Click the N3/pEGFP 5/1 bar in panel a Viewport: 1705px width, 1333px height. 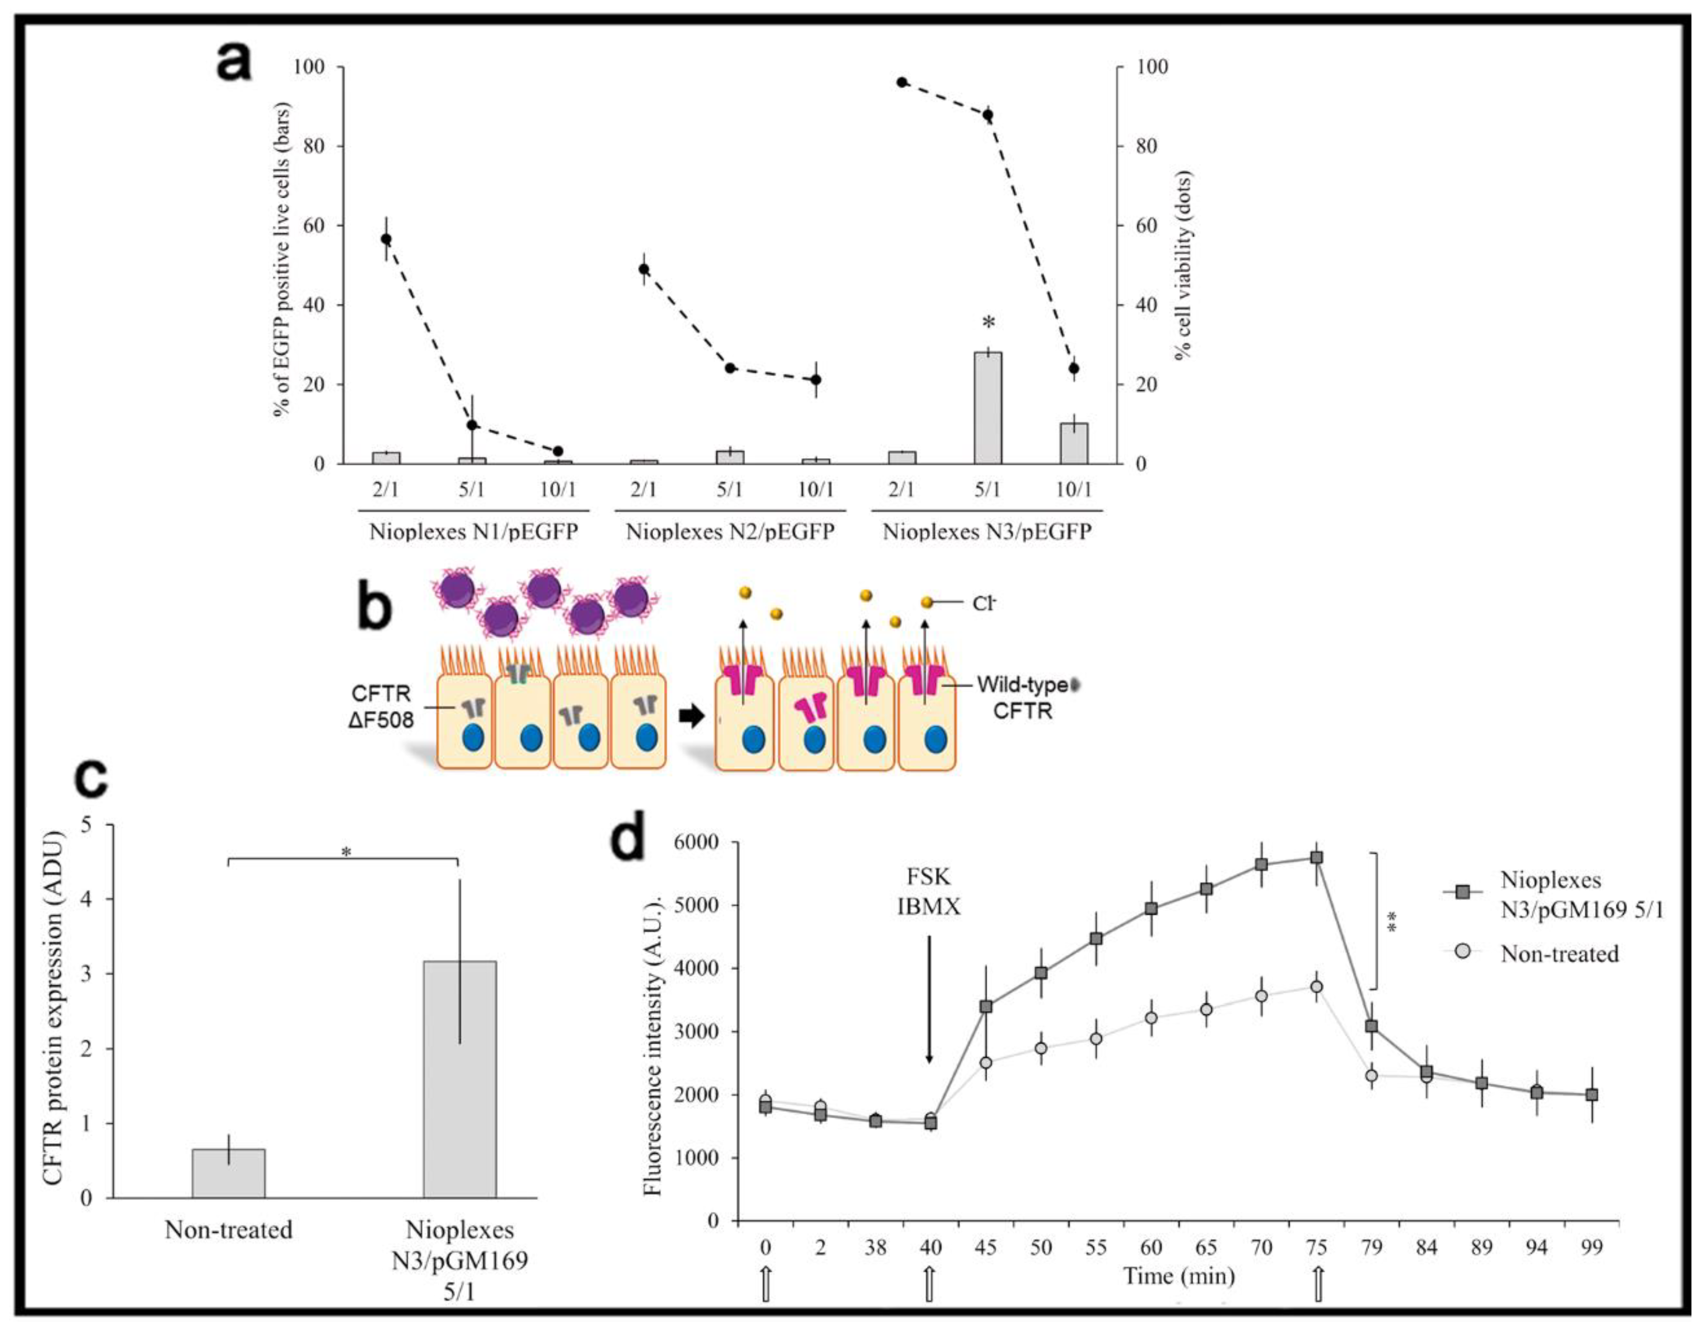988,408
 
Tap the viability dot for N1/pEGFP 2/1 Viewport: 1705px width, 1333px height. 386,239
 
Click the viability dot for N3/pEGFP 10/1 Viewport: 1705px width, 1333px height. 1074,368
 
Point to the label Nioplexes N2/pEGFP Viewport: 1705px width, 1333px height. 730,532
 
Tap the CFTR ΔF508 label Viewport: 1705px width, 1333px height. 382,706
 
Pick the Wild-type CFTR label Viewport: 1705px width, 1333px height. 1023,697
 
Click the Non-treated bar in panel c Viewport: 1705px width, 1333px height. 229,1173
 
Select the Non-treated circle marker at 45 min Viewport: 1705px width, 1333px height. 986,1063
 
